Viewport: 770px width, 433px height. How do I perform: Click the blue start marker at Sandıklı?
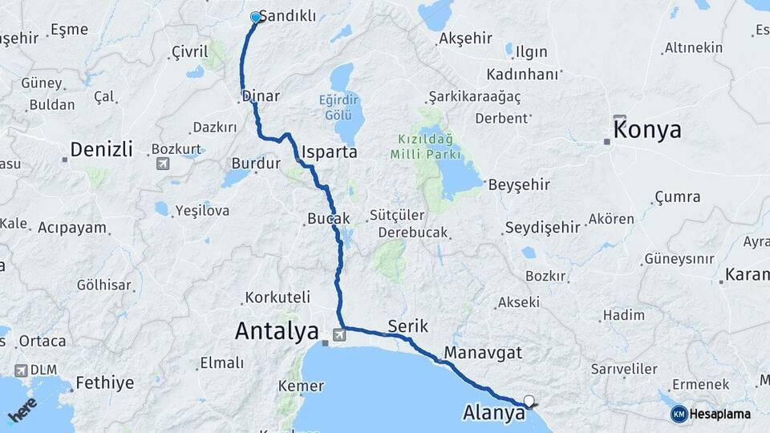tap(256, 17)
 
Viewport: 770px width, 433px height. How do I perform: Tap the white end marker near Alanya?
tap(529, 400)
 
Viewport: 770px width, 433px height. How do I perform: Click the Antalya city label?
tap(277, 330)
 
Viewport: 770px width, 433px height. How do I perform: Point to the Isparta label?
tap(329, 151)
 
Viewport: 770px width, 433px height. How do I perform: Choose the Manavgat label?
tap(482, 352)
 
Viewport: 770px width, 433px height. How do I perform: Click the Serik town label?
tap(408, 326)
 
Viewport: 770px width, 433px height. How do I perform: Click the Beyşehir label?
tap(519, 184)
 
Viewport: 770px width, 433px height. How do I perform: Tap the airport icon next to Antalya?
tap(339, 333)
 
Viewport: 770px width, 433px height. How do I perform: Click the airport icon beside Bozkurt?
tap(163, 164)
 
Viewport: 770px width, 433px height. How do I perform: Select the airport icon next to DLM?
tap(20, 370)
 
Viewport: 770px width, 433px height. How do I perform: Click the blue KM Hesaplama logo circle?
tap(679, 414)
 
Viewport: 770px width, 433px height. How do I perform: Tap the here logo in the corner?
tap(22, 408)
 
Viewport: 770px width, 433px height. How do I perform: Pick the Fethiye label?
tap(105, 382)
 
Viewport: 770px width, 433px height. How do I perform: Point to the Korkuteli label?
tap(278, 297)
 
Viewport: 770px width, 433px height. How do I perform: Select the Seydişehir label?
tap(542, 227)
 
